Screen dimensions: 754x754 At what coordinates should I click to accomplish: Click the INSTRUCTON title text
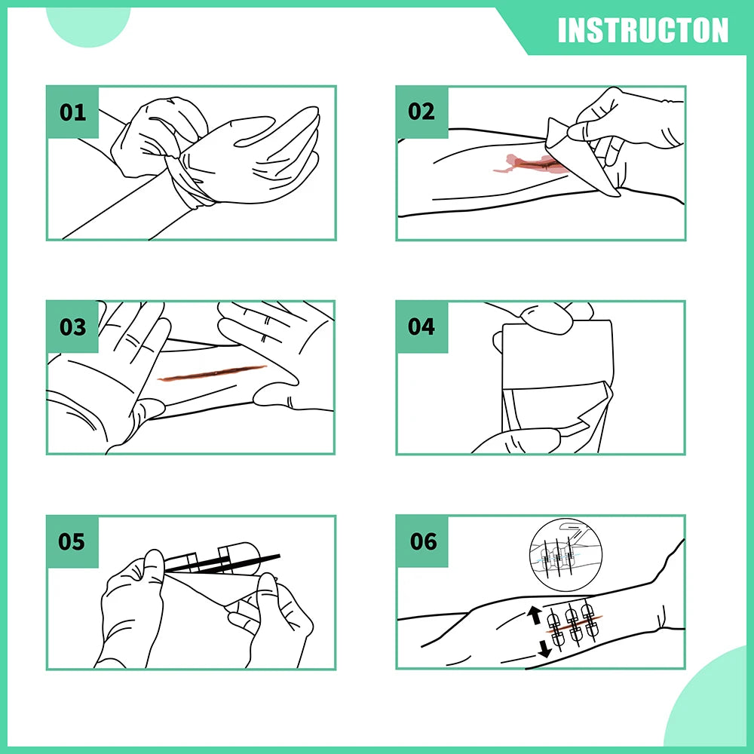pyautogui.click(x=643, y=31)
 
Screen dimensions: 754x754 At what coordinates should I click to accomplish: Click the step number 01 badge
pyautogui.click(x=72, y=112)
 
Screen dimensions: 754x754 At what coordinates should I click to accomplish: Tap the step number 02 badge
pyautogui.click(x=421, y=112)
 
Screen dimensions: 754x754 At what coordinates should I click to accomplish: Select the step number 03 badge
pyautogui.click(x=72, y=327)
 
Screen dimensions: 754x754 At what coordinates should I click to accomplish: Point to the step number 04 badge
pyautogui.click(x=421, y=327)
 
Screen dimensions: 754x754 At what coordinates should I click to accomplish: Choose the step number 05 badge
pyautogui.click(x=72, y=541)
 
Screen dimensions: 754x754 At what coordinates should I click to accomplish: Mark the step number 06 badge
pyautogui.click(x=423, y=541)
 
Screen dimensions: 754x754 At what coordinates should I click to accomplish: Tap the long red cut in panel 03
pyautogui.click(x=213, y=373)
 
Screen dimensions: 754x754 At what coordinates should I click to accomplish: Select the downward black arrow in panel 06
pyautogui.click(x=544, y=647)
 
